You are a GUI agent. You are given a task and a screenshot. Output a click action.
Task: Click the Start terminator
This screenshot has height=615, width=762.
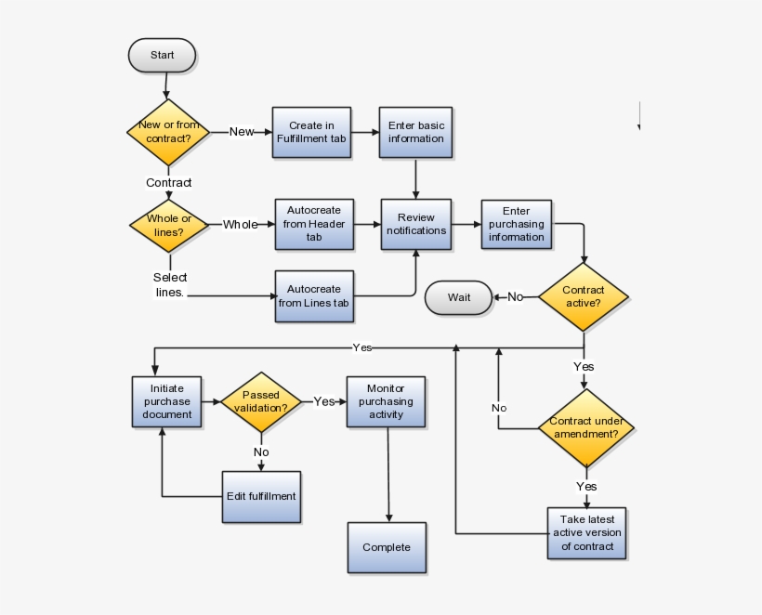[162, 56]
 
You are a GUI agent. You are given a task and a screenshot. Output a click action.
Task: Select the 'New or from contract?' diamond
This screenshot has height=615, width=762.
[167, 132]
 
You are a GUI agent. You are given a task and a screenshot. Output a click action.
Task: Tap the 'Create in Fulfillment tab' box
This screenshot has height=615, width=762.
[311, 132]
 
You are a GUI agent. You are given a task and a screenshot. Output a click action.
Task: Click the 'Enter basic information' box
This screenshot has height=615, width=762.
[415, 132]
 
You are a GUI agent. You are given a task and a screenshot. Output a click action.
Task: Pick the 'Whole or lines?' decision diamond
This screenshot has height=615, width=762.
[169, 225]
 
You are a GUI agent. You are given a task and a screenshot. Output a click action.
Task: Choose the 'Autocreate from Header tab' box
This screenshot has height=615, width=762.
[314, 225]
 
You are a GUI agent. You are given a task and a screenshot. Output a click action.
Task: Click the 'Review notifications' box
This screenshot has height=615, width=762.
[415, 225]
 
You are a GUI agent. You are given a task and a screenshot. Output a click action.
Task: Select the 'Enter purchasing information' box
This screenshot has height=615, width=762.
[517, 225]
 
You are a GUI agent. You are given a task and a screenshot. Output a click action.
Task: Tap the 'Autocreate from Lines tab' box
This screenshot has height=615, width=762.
[314, 296]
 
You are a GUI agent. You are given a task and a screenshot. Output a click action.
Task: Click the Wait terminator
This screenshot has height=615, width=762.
[459, 297]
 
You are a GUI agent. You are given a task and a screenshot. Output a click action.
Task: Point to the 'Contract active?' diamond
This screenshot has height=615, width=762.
[583, 296]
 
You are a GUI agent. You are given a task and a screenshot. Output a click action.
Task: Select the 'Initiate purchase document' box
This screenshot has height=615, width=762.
[167, 401]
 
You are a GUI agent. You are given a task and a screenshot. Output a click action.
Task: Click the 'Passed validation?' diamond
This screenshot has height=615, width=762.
[261, 401]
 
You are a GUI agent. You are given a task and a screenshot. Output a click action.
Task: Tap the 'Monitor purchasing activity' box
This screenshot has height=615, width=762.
[386, 401]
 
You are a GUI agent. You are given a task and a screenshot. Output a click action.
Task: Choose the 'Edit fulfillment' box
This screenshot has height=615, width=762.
[261, 496]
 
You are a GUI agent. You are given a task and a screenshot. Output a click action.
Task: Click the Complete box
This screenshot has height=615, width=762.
[387, 547]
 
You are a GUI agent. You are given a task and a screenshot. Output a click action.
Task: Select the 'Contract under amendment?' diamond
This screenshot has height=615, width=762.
[585, 428]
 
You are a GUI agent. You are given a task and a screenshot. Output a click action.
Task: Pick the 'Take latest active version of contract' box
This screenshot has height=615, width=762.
[586, 533]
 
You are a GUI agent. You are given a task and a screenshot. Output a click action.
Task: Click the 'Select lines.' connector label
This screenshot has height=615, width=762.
[170, 284]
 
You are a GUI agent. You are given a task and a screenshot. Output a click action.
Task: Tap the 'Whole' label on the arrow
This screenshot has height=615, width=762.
[241, 225]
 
